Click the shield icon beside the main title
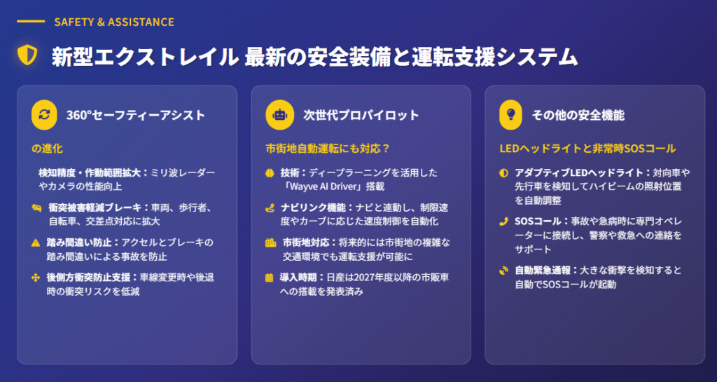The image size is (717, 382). pos(27,55)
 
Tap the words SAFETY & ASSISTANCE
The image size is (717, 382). pos(114,22)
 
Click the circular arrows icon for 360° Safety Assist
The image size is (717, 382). pos(44,115)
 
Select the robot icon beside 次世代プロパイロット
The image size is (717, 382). pos(279,115)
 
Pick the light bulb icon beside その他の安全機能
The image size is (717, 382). pos(510,115)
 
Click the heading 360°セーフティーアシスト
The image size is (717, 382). pos(135,115)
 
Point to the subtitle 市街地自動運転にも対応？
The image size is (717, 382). pos(328,149)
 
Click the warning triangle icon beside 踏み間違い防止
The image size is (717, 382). pos(36,243)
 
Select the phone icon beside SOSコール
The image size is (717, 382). pos(503,222)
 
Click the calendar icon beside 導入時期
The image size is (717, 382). pos(270,278)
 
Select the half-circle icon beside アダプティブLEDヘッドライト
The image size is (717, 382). pos(503,173)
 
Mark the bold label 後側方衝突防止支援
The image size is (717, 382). pos(88,278)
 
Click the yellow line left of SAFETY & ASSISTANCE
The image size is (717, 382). pos(31,22)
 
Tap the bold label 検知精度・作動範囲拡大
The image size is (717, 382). pos(90,173)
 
